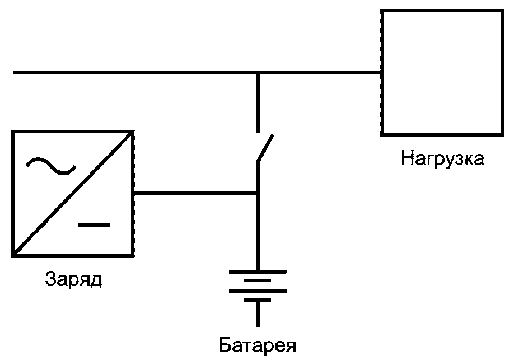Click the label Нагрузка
pyautogui.click(x=442, y=158)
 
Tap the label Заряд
pyautogui.click(x=73, y=279)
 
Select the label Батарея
pyautogui.click(x=258, y=345)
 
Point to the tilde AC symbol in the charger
pyautogui.click(x=51, y=166)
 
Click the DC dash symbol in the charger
pyautogui.click(x=94, y=225)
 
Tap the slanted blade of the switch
pyautogui.click(x=265, y=148)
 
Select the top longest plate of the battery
pyautogui.click(x=258, y=272)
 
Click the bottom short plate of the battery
pyautogui.click(x=258, y=300)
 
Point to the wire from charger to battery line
pyautogui.click(x=195, y=194)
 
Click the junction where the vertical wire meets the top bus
pyautogui.click(x=258, y=73)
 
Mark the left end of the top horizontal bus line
pyautogui.click(x=13, y=73)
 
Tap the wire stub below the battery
pyautogui.click(x=258, y=314)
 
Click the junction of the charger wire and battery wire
pyautogui.click(x=258, y=194)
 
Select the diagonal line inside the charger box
pyautogui.click(x=73, y=193)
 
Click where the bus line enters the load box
pyautogui.click(x=381, y=73)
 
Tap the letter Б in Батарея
pyautogui.click(x=225, y=344)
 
